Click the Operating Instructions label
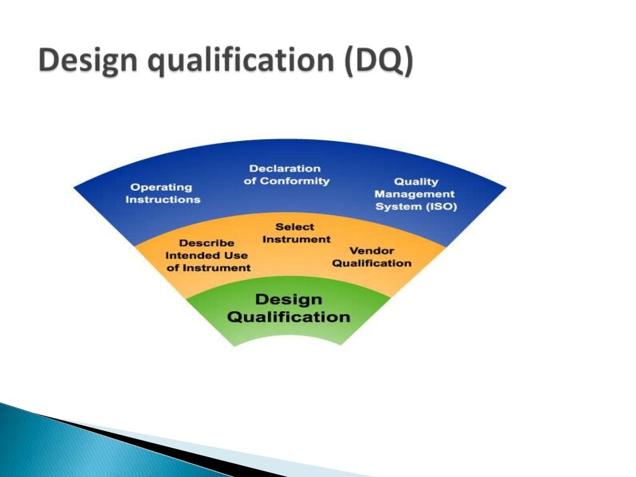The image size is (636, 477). coord(163,193)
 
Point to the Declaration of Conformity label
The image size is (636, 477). coord(286,175)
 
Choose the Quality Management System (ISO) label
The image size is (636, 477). coord(416,194)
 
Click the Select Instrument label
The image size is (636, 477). coord(296,233)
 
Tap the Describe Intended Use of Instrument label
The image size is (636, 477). coord(207,255)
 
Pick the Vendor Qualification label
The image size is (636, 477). coord(371,257)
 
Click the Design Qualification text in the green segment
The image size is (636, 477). coord(289,308)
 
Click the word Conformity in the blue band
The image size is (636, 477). coord(294,181)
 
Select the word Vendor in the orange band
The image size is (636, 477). coord(371,250)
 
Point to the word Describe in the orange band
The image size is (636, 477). coord(207,243)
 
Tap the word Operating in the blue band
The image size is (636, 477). coord(161,187)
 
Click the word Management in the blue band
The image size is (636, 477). coord(415,194)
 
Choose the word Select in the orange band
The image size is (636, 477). coord(295,227)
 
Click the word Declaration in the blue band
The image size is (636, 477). coord(285,168)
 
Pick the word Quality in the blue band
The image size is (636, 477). coord(416,182)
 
